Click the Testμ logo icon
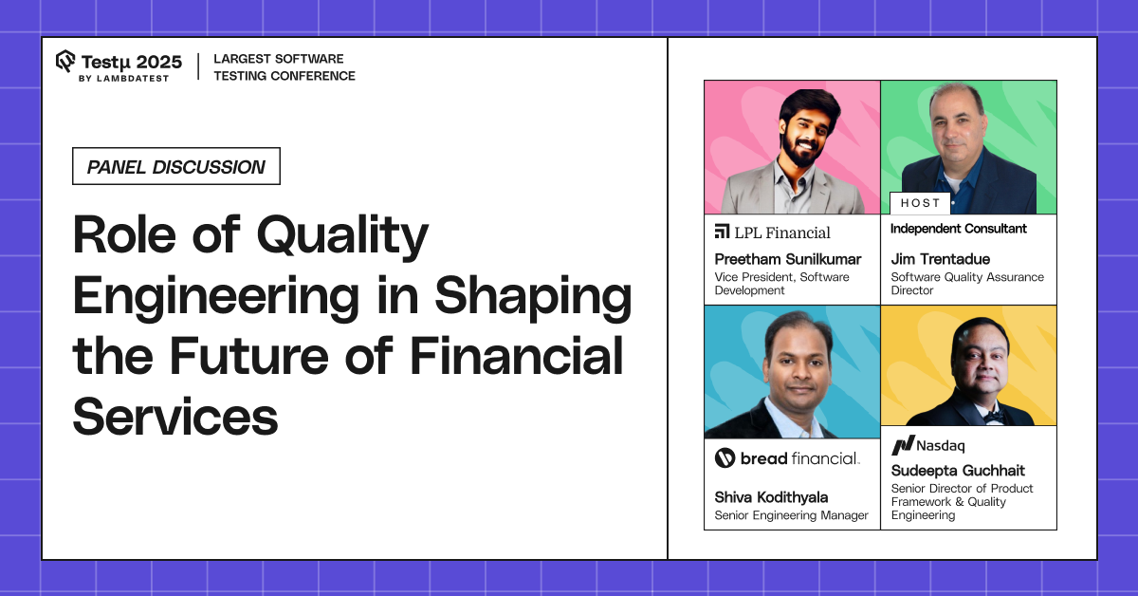[65, 61]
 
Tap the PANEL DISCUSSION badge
[176, 166]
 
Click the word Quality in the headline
[342, 235]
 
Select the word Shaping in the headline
[533, 296]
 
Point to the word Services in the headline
[175, 417]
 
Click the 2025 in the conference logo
[159, 62]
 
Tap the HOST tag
[920, 203]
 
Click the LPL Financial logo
[772, 233]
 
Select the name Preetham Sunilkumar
[788, 259]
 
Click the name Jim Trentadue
[941, 259]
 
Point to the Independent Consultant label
[959, 229]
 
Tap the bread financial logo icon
[725, 458]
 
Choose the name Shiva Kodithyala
[771, 497]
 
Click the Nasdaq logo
[927, 445]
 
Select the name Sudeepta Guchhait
[958, 471]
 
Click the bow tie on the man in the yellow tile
[992, 417]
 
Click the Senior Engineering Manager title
[791, 515]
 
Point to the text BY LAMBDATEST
[123, 79]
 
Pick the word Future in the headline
[249, 357]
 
